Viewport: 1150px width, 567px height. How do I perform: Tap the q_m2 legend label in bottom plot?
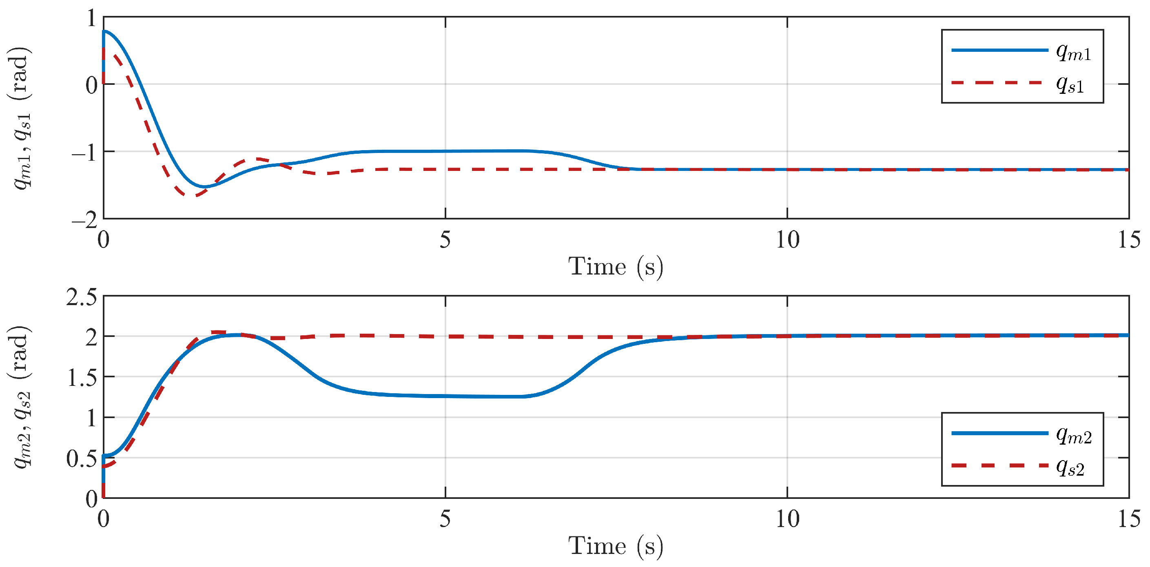[x=1074, y=435]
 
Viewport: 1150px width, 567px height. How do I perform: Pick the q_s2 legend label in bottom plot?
[x=1070, y=467]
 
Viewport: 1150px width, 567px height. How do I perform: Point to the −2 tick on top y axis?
[x=85, y=219]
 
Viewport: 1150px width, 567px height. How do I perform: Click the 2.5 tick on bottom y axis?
[x=81, y=297]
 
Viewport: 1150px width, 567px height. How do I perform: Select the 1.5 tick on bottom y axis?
[x=81, y=378]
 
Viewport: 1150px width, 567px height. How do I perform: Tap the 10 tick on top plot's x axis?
[x=787, y=240]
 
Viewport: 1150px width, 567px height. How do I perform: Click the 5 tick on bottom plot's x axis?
[x=445, y=519]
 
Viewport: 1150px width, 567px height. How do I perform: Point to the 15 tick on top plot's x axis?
[x=1128, y=240]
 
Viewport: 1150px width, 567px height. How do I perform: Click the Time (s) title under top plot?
[x=616, y=267]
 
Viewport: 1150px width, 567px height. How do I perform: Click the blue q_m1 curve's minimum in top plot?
[x=204, y=186]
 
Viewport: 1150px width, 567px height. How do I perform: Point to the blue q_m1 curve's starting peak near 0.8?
[x=105, y=31]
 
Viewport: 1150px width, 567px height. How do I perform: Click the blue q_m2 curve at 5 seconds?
[x=445, y=396]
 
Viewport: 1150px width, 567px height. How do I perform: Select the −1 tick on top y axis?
[x=85, y=153]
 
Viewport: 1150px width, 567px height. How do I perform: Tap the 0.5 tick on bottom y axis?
[x=81, y=458]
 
